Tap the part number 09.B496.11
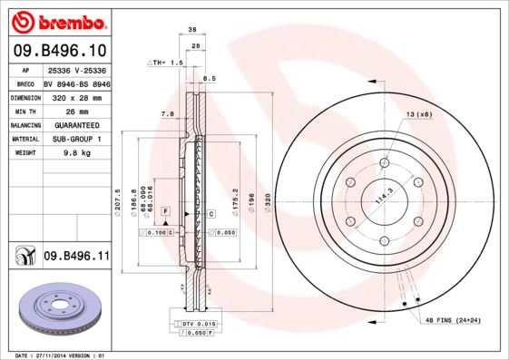(76, 258)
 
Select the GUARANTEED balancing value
(76, 125)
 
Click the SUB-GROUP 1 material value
(76, 140)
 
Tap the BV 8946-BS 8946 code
(76, 82)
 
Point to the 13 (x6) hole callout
(419, 114)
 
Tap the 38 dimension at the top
(191, 30)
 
